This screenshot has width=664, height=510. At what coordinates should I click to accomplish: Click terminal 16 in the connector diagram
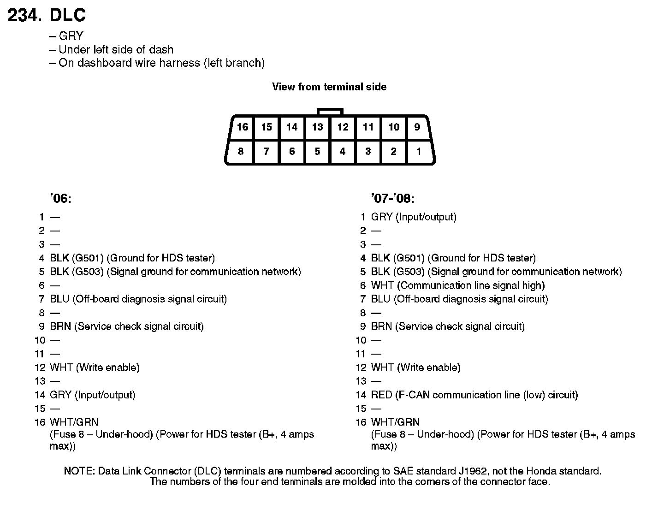pyautogui.click(x=243, y=127)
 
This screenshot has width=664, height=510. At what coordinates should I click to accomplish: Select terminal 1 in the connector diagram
pyautogui.click(x=419, y=151)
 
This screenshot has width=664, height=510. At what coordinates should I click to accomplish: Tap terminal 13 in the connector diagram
pyautogui.click(x=317, y=127)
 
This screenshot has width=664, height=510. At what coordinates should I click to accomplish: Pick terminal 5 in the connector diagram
pyautogui.click(x=317, y=151)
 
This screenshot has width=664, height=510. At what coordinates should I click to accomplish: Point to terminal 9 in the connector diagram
pyautogui.click(x=417, y=127)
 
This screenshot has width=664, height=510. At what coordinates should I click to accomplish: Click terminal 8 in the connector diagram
pyautogui.click(x=241, y=151)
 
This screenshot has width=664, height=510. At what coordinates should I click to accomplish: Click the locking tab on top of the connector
pyautogui.click(x=330, y=112)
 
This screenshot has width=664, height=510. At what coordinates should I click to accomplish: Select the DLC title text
pyautogui.click(x=67, y=16)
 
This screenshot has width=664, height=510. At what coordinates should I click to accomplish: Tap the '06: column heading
pyautogui.click(x=60, y=199)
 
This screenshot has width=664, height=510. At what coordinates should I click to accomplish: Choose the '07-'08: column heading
pyautogui.click(x=392, y=199)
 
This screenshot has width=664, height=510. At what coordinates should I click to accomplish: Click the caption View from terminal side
pyautogui.click(x=329, y=87)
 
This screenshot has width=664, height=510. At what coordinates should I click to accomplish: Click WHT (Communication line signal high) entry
pyautogui.click(x=457, y=285)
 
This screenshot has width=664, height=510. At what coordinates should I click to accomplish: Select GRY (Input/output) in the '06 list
pyautogui.click(x=92, y=395)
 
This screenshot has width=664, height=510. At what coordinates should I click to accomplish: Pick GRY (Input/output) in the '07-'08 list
pyautogui.click(x=413, y=217)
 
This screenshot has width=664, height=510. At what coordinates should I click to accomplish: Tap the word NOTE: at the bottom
pyautogui.click(x=79, y=471)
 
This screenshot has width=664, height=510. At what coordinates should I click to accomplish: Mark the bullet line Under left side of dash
pyautogui.click(x=116, y=49)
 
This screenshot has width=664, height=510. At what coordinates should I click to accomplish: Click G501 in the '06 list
pyautogui.click(x=88, y=258)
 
